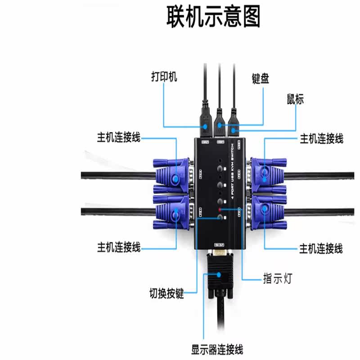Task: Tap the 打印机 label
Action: (164, 77)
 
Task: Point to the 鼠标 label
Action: (295, 99)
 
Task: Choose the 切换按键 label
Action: (166, 295)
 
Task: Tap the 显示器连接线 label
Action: (217, 349)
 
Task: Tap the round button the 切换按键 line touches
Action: (220, 218)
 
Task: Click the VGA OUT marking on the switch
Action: (219, 245)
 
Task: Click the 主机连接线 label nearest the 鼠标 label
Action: (321, 139)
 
